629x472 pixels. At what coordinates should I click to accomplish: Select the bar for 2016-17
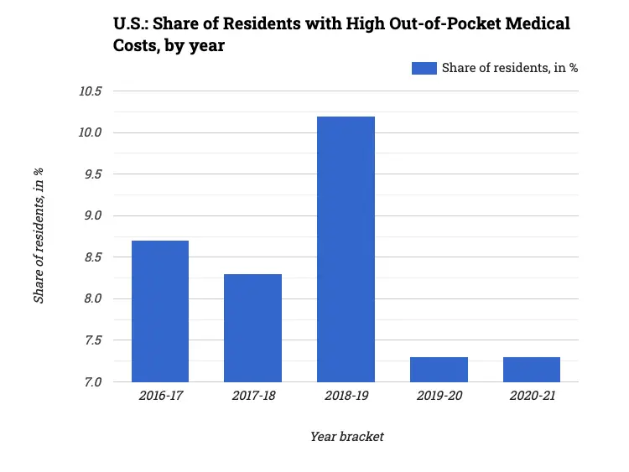click(x=160, y=311)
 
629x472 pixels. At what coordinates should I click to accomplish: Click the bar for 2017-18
click(x=252, y=328)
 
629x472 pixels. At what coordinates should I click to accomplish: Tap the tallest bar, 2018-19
click(x=346, y=249)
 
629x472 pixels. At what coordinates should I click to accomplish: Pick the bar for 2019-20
click(x=439, y=369)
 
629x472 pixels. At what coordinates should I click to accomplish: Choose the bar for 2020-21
click(x=531, y=369)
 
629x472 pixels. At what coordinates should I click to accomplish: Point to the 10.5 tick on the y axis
click(x=90, y=91)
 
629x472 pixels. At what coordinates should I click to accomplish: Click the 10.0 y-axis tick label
click(x=90, y=132)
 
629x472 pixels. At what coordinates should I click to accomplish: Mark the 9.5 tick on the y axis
click(x=91, y=174)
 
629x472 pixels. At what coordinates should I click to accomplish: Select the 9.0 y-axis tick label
click(x=91, y=215)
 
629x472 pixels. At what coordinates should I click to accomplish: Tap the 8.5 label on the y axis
click(x=91, y=257)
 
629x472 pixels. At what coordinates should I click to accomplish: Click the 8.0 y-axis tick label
click(x=91, y=298)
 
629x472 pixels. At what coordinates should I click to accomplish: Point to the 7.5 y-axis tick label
click(x=91, y=340)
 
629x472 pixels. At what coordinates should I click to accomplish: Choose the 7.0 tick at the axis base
click(x=91, y=381)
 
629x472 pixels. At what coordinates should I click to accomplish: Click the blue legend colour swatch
click(x=424, y=69)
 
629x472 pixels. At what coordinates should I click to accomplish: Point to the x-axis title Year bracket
click(x=346, y=437)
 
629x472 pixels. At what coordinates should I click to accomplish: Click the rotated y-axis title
click(x=39, y=236)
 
